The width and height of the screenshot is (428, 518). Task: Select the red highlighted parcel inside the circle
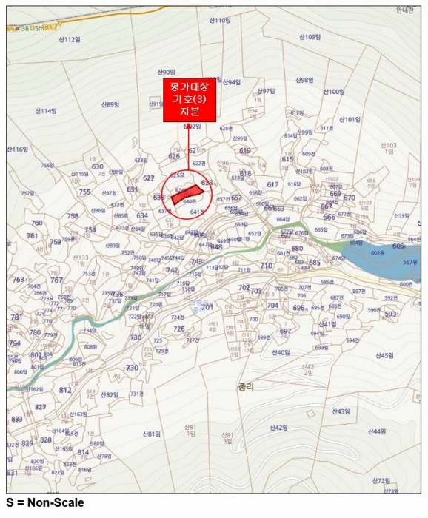(184, 195)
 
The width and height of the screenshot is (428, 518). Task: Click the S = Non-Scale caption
(45, 503)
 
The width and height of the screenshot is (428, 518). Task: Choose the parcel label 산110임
(219, 21)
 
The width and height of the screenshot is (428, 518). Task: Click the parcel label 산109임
(309, 36)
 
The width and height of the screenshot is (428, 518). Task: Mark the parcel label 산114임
(45, 111)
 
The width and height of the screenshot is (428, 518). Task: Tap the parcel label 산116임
(18, 149)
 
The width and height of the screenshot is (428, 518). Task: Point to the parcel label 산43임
(341, 411)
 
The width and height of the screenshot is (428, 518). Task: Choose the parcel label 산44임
(377, 431)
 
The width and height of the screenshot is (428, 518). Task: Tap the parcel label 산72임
(381, 480)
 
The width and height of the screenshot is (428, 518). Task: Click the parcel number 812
(65, 390)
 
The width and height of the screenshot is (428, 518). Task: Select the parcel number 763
(19, 280)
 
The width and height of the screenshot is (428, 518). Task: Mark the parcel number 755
(84, 192)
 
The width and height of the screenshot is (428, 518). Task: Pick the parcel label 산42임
(278, 427)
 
